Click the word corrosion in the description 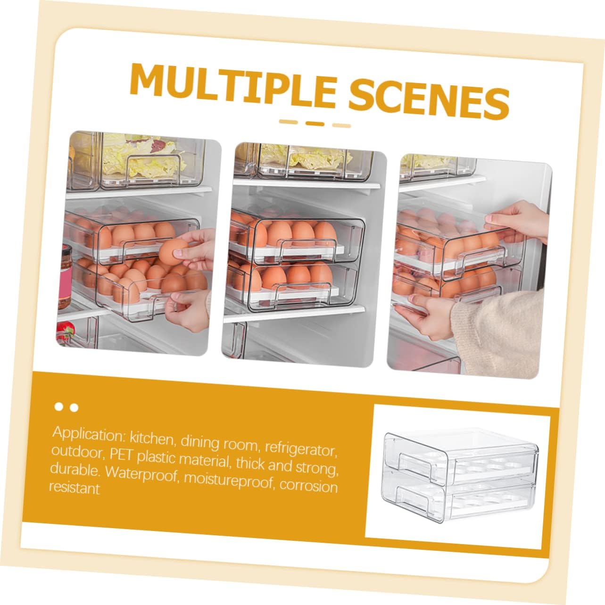tap(308, 486)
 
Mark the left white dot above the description tap(59, 406)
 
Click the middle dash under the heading tap(315, 124)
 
